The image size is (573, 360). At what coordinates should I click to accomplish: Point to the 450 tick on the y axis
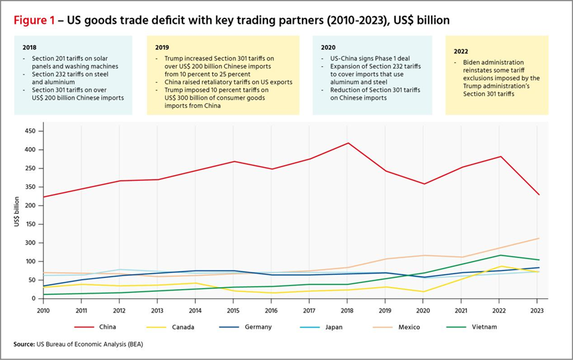[x=29, y=131]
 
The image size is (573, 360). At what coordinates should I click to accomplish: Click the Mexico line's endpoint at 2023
[x=539, y=238]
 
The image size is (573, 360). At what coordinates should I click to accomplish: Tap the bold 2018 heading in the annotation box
[x=29, y=48]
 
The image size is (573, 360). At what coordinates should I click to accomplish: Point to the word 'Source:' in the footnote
[x=25, y=344]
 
